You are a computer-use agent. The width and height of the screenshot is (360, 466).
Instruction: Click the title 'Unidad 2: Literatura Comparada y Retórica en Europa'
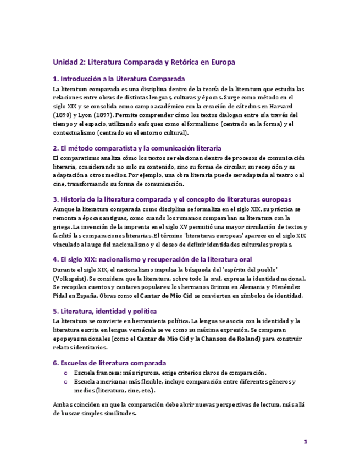143,62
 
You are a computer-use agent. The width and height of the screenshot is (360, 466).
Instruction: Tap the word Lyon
80,115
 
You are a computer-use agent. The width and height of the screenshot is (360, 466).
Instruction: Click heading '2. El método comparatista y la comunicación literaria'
137,148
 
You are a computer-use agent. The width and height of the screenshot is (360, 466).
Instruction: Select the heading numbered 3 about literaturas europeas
171,199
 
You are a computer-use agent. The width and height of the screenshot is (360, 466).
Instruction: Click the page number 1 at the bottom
306,441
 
